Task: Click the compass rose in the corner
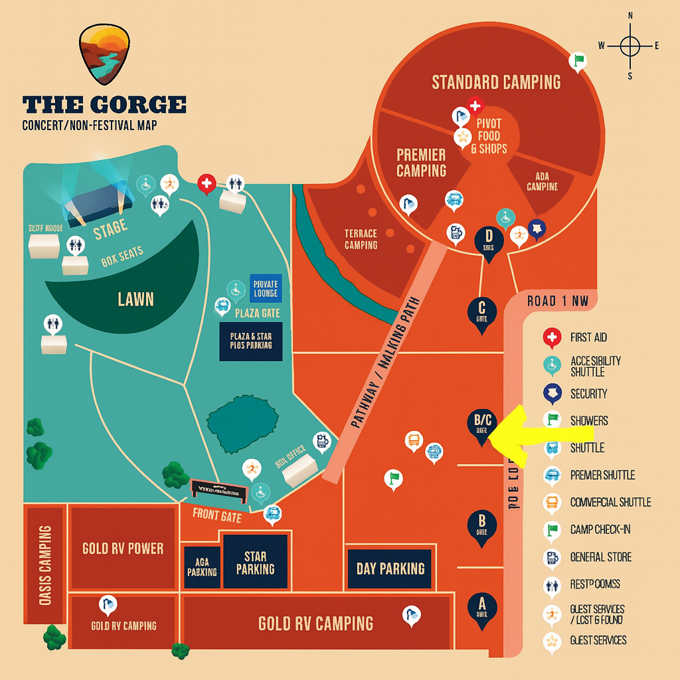coord(630,46)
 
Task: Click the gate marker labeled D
coord(489,241)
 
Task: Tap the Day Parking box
coord(390,568)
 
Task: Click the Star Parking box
coord(255,562)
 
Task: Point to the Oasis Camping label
coord(45,564)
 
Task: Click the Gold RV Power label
coord(123,549)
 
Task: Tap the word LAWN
coord(135,299)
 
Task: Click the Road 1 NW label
coord(558,301)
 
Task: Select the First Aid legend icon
coord(552,337)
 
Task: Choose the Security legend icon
coord(552,393)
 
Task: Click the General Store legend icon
coord(552,557)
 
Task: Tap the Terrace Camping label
coord(361,239)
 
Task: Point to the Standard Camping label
coord(496,82)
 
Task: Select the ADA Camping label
coord(542,181)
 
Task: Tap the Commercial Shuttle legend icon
coord(552,502)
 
